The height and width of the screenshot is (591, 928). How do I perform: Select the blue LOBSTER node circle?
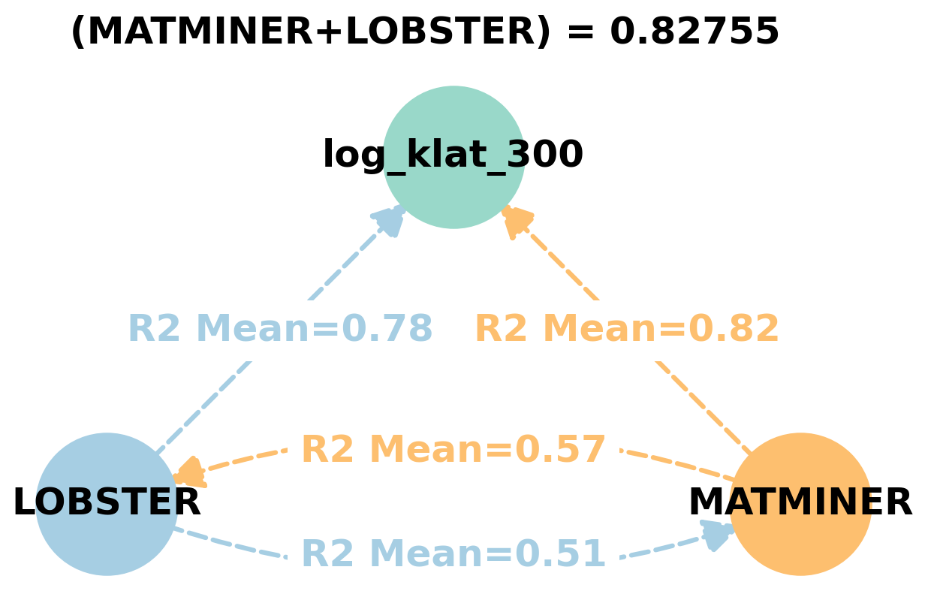click(107, 541)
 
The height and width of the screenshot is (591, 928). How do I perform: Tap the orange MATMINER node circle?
click(800, 541)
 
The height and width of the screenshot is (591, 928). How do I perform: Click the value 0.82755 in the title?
click(694, 32)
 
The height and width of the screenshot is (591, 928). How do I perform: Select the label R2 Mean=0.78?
click(280, 329)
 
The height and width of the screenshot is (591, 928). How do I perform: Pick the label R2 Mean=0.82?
click(627, 329)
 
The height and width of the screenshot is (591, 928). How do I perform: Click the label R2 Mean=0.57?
click(453, 450)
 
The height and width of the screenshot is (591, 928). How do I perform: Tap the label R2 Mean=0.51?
click(453, 554)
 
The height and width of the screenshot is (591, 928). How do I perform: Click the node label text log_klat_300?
click(453, 155)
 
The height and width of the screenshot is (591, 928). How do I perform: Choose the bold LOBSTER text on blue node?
click(107, 503)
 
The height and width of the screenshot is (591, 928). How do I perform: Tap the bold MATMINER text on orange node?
click(800, 503)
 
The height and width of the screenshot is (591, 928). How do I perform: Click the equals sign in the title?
click(580, 32)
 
